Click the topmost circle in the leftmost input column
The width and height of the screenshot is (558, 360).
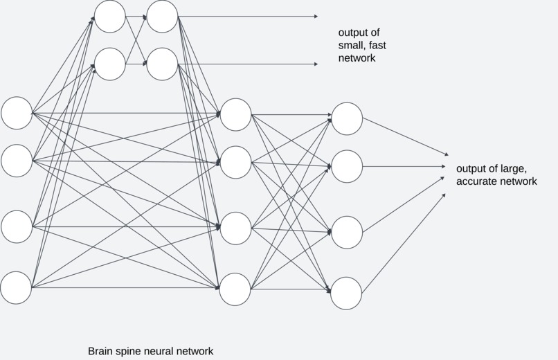17,113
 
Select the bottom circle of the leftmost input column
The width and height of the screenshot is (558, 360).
17,287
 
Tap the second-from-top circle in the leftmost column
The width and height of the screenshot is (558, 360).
17,161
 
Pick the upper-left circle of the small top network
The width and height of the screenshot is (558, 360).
110,16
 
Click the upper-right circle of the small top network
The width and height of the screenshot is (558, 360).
163,16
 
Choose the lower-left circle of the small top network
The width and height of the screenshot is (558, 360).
110,64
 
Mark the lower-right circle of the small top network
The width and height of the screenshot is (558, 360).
163,64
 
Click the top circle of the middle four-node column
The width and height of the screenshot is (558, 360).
235,114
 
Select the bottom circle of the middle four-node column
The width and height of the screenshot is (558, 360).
235,289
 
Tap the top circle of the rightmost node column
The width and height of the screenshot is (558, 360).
347,118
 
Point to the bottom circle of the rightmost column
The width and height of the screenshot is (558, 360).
346,293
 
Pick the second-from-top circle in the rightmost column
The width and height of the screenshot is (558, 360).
347,166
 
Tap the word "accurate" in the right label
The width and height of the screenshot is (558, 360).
478,181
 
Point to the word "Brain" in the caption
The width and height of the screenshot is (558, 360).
102,351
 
